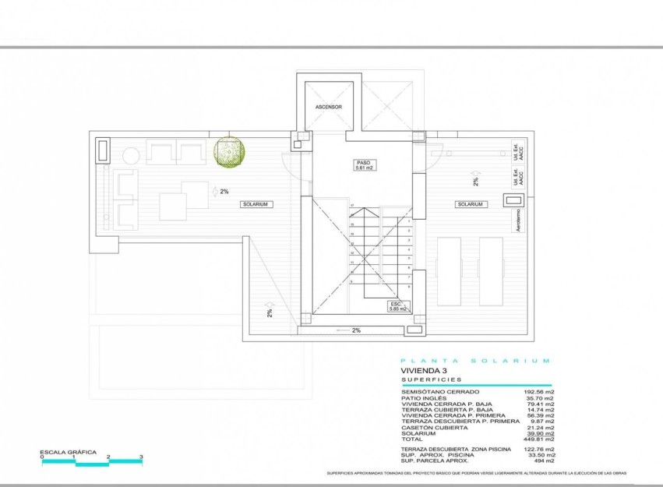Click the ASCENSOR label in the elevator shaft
(x=328, y=107)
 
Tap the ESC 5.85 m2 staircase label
(x=399, y=307)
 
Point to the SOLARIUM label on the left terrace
(x=255, y=204)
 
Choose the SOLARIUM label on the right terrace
(x=471, y=204)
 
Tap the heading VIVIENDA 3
(x=427, y=371)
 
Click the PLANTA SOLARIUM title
(x=475, y=361)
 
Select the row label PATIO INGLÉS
(x=425, y=398)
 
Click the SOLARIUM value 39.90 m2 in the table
(x=538, y=432)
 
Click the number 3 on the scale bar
(x=140, y=457)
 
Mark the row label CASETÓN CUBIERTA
(x=433, y=426)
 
